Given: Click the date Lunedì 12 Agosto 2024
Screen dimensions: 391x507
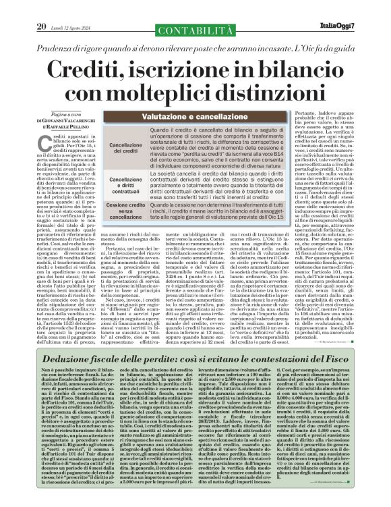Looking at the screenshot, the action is pyautogui.click(x=70, y=8).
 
